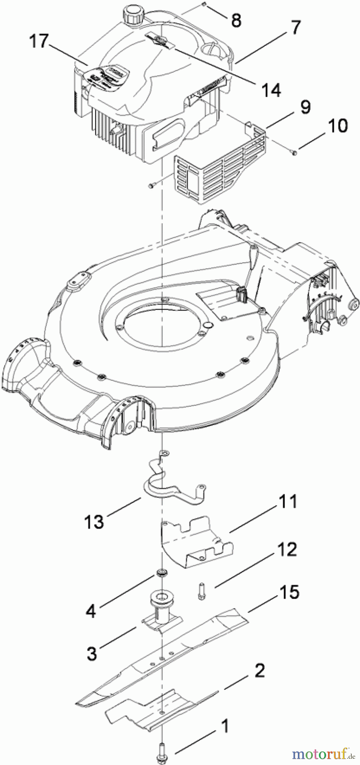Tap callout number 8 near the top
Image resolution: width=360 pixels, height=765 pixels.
coord(236,20)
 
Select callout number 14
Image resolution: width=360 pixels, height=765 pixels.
coord(271,90)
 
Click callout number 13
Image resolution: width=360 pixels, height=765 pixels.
coord(94,521)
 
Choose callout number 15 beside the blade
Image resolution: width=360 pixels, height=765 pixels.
coord(289,592)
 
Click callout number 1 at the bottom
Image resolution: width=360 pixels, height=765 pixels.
coord(224,726)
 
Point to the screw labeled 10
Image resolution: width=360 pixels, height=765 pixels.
coord(294,153)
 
